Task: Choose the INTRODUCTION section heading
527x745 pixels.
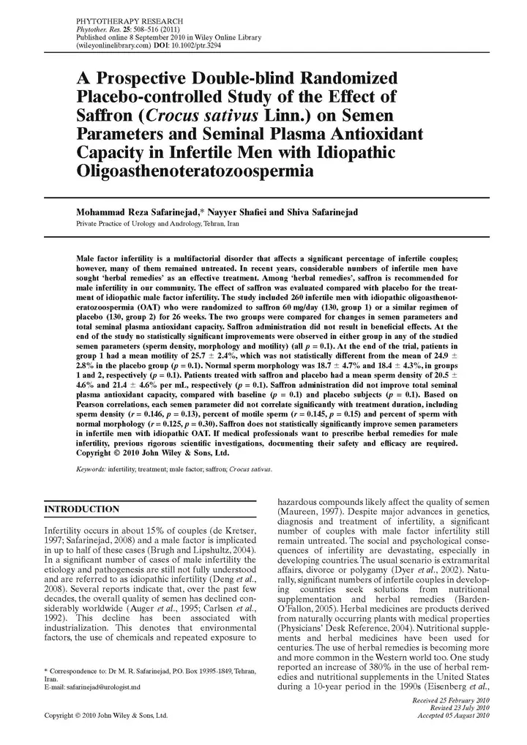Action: pyautogui.click(x=82, y=509)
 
